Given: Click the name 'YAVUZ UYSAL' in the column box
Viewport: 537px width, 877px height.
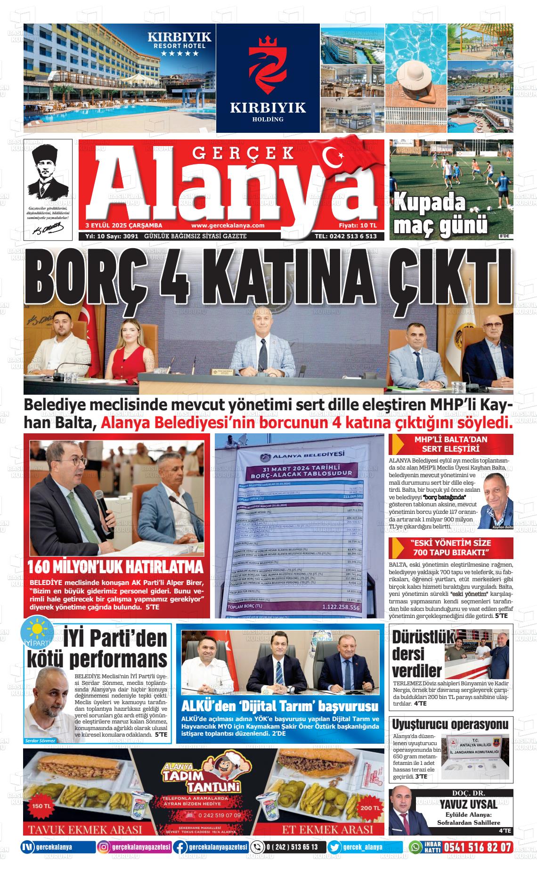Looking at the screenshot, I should tap(468, 804).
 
